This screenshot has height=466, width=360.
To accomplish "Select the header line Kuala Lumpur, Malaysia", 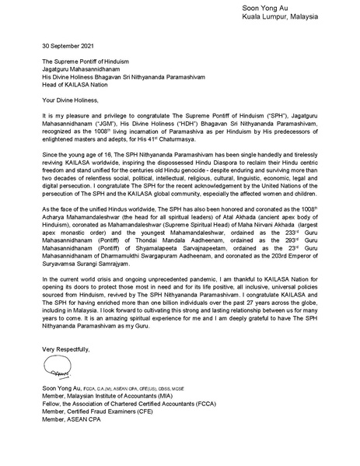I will point(313,17).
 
